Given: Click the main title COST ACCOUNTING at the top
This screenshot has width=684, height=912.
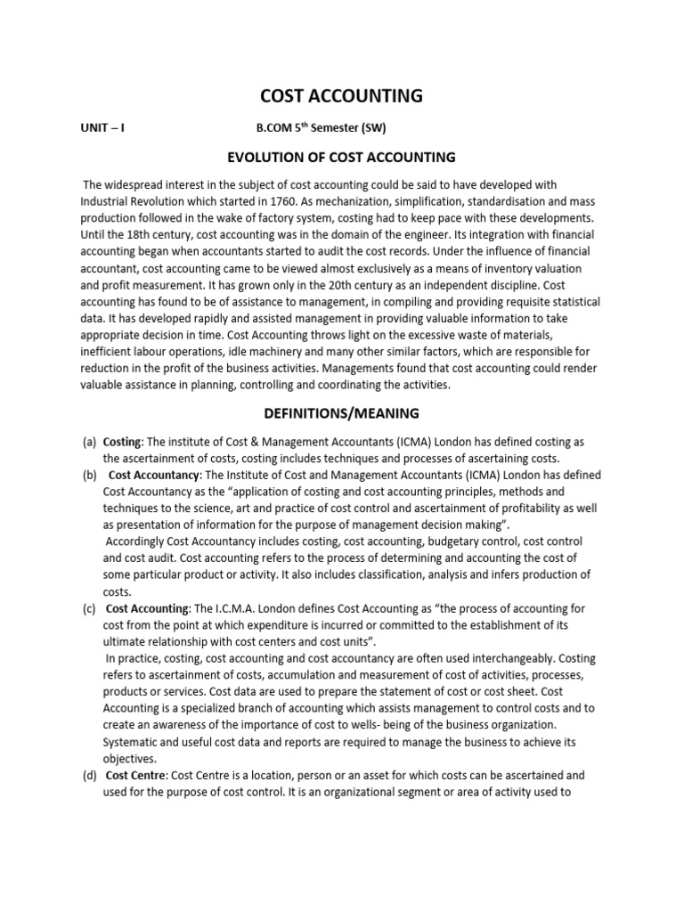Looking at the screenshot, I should click(x=341, y=95).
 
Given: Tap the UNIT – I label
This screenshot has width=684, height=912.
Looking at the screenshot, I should click(x=102, y=127).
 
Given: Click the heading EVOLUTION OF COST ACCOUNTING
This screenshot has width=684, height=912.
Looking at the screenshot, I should click(x=341, y=158).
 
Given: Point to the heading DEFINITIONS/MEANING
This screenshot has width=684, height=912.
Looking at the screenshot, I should click(x=341, y=413).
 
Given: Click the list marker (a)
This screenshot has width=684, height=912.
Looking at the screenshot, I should click(x=89, y=442).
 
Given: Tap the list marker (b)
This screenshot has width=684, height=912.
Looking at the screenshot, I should click(x=89, y=475).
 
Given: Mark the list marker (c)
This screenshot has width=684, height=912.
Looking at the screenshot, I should click(x=89, y=608).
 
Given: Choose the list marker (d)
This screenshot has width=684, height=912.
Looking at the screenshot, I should click(x=89, y=776).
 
